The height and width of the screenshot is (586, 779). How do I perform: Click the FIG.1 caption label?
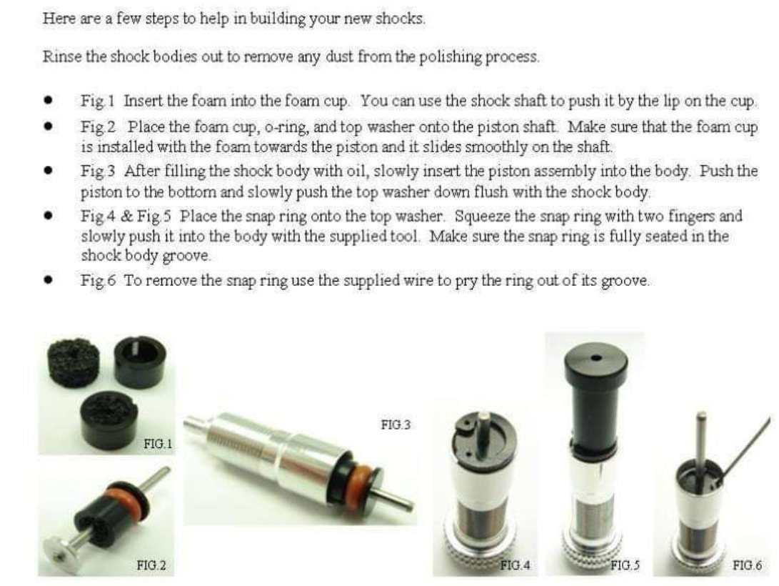pyautogui.click(x=158, y=443)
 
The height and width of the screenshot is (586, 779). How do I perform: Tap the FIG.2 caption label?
pyautogui.click(x=151, y=565)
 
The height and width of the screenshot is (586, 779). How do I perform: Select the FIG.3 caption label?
pyautogui.click(x=396, y=424)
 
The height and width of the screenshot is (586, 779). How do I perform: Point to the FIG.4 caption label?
pyautogui.click(x=515, y=565)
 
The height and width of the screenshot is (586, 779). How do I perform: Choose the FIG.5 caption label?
pyautogui.click(x=625, y=565)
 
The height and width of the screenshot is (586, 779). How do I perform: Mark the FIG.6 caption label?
pyautogui.click(x=747, y=565)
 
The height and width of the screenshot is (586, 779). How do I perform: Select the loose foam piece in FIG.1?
pyautogui.click(x=73, y=363)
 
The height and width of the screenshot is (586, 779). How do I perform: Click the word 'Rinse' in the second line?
pyautogui.click(x=62, y=56)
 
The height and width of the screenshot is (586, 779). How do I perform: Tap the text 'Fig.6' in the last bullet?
pyautogui.click(x=99, y=281)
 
